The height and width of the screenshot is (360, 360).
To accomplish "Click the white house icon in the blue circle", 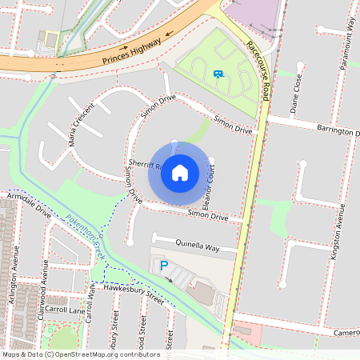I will pos(180,172).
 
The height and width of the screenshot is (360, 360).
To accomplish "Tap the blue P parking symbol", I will pos(165,266).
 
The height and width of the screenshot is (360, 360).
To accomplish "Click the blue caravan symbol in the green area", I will pos(218,74).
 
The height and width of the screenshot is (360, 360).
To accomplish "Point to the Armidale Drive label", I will pos(30,205).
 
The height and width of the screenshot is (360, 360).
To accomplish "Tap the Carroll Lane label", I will pos(65,308).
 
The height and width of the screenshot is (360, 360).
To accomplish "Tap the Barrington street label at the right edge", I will pos(335,131).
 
